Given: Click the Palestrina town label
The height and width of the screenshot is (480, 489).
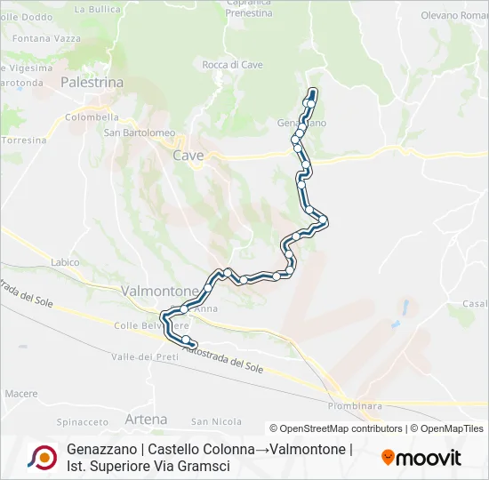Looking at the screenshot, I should click(92, 82).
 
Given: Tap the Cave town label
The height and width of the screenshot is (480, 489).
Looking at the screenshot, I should click(188, 156).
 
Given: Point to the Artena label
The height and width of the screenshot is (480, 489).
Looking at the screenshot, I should click(147, 419).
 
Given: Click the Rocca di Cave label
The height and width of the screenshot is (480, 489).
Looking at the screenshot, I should click(232, 65).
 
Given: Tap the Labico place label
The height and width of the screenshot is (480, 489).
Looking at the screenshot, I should click(65, 262).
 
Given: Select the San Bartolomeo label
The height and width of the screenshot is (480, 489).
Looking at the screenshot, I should click(140, 133).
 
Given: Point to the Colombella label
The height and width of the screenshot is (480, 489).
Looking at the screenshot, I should click(92, 116).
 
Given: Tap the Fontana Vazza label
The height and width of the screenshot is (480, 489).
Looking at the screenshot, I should click(44, 37).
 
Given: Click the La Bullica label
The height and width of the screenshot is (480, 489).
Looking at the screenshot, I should click(98, 9).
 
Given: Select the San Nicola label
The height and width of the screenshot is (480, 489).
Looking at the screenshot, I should click(216, 421).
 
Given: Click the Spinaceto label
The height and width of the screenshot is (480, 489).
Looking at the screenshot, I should click(82, 421).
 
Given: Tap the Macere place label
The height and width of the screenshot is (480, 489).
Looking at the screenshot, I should click(20, 393).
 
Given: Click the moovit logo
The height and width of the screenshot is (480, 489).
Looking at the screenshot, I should click(421, 458).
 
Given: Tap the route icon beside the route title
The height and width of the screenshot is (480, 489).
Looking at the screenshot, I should click(43, 457).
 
